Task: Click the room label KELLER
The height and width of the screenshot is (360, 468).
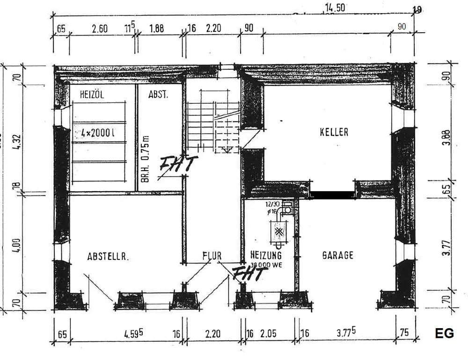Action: point(334,132)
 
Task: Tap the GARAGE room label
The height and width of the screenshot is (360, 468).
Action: point(338,255)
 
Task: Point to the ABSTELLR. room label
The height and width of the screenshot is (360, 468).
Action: point(108,256)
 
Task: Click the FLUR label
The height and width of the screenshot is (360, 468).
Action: point(212,256)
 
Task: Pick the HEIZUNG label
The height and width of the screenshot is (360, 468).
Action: point(266,255)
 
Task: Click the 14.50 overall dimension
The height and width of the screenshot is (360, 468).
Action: point(335,8)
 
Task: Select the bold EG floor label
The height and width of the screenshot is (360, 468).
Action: point(444,333)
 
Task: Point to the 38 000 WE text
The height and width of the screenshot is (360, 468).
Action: point(266,264)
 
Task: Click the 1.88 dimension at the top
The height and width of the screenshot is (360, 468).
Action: point(156,29)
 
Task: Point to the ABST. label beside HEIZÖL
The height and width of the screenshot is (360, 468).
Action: point(158,95)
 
